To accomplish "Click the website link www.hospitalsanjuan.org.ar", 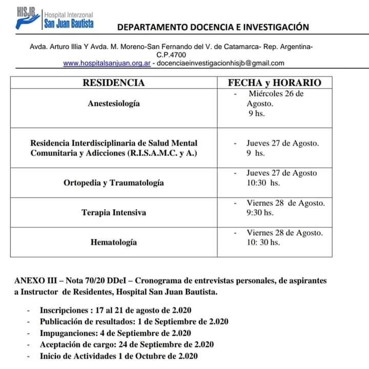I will point(107,63).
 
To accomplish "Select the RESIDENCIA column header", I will point(114,83).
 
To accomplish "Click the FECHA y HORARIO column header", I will point(275,83).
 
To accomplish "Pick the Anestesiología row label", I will point(114,103).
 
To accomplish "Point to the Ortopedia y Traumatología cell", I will point(114,183).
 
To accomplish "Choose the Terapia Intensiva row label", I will point(114,212).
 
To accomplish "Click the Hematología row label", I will point(114,242).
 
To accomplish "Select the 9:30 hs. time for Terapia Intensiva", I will point(260,212).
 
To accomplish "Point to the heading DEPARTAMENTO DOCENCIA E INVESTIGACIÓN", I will point(213,27).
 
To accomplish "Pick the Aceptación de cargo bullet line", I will point(127,344).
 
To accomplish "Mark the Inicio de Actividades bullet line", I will point(119,356).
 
